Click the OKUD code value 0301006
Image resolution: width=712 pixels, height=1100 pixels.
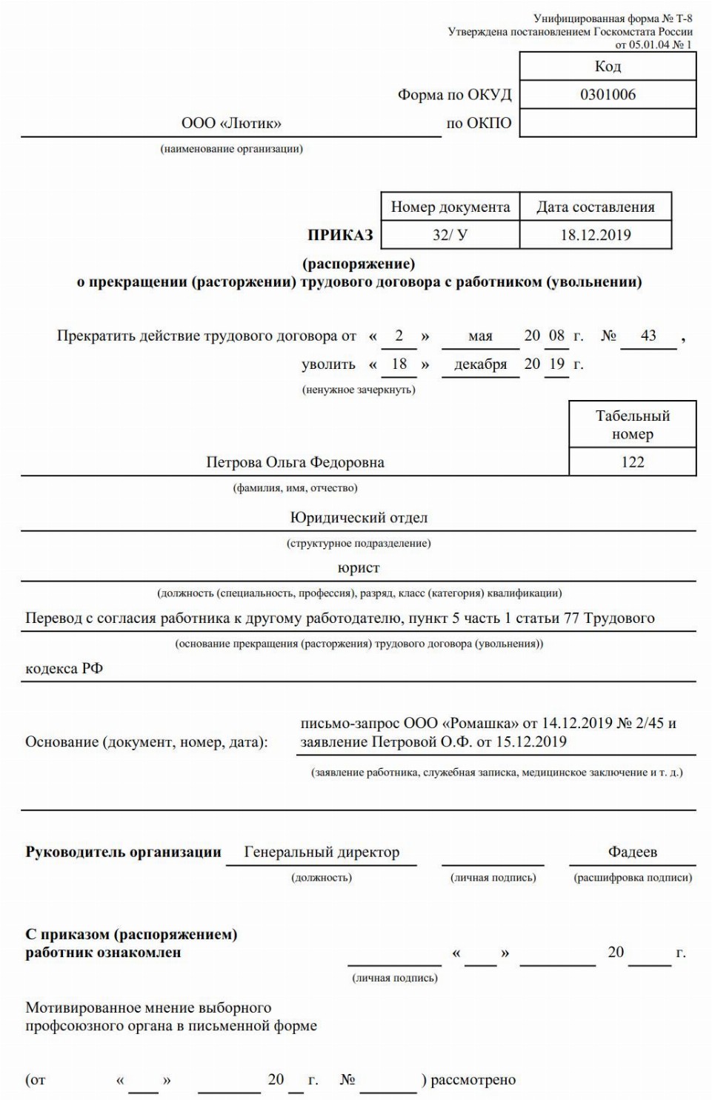pos(608,95)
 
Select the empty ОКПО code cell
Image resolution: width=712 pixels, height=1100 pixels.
pos(608,123)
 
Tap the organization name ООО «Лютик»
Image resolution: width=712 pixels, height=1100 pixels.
pos(231,123)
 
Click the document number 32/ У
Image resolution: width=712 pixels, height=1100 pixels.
pos(450,235)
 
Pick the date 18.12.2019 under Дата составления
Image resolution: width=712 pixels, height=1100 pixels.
pos(596,235)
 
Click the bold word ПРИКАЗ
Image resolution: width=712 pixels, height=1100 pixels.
pos(340,235)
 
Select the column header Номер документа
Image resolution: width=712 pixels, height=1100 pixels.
pos(450,207)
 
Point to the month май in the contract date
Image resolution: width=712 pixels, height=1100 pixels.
pos(480,336)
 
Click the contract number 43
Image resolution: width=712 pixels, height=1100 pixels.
pos(648,336)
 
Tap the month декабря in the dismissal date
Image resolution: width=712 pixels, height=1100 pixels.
pos(480,364)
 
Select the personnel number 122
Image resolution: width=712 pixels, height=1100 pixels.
pos(632,461)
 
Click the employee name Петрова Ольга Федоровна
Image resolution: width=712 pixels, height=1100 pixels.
pos(295,462)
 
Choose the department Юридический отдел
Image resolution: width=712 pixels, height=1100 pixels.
pos(359,518)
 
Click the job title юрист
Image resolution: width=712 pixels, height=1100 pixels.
pos(359,568)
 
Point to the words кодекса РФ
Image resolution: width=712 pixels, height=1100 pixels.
pos(64,668)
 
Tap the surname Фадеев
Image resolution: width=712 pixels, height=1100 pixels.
pos(632,852)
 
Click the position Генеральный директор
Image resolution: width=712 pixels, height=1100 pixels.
pos(322,852)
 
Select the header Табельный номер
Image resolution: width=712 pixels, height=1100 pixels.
pos(632,424)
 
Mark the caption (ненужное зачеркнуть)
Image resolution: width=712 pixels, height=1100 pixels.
pos(359,390)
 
